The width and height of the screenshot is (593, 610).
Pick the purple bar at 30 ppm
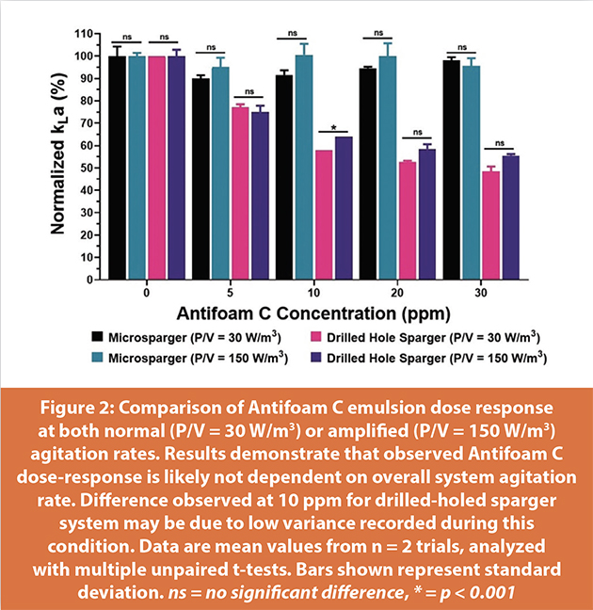pos(511,217)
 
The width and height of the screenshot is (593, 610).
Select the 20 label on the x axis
pos(397,293)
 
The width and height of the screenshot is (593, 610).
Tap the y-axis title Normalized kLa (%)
pos(58,155)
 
